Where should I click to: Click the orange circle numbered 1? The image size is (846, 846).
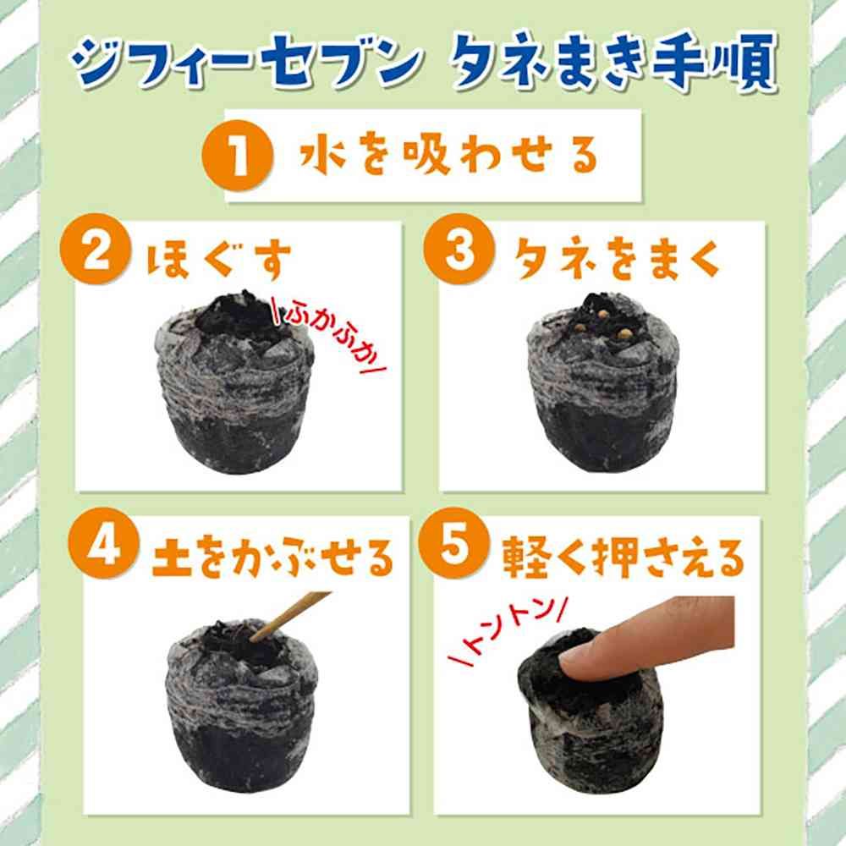(x=238, y=156)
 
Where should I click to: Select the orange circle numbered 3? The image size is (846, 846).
(x=459, y=249)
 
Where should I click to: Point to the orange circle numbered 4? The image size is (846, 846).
(x=104, y=543)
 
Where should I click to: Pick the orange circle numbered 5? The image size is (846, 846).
(x=454, y=543)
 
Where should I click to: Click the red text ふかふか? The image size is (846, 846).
(x=330, y=334)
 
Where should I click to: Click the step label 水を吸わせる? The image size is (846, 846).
(x=449, y=155)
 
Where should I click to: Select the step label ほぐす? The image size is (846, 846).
(x=219, y=260)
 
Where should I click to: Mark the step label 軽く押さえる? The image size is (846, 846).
(x=623, y=557)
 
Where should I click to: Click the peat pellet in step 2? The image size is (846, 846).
(x=234, y=382)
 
